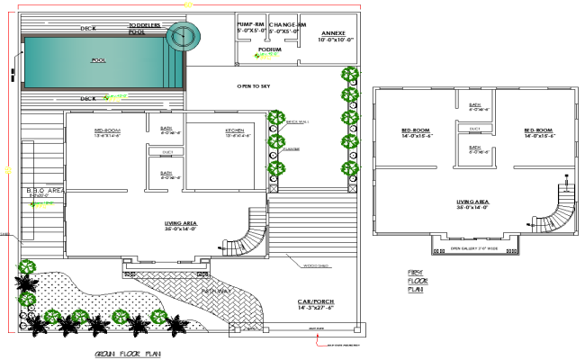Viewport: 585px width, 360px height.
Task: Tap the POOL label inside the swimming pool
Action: pos(98,61)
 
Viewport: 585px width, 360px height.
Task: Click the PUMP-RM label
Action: pos(250,24)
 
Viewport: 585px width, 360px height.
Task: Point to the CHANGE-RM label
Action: pos(288,24)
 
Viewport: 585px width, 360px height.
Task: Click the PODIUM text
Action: pos(270,49)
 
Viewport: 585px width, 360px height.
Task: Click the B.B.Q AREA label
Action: pos(42,191)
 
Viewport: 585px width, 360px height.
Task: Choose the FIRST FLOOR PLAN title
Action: pos(416,280)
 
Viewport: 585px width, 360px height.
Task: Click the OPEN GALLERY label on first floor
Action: pos(473,247)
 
